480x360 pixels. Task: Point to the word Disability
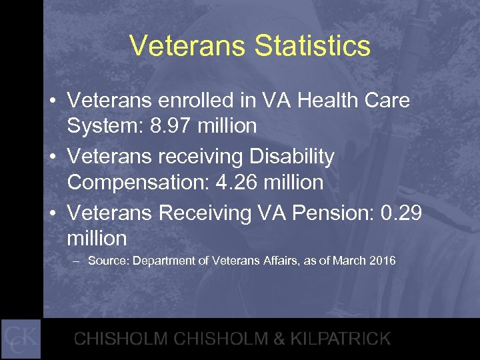[x=291, y=157]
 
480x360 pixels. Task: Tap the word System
[x=105, y=125]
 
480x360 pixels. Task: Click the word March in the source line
[x=347, y=261]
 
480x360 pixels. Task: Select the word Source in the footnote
[x=108, y=261]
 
